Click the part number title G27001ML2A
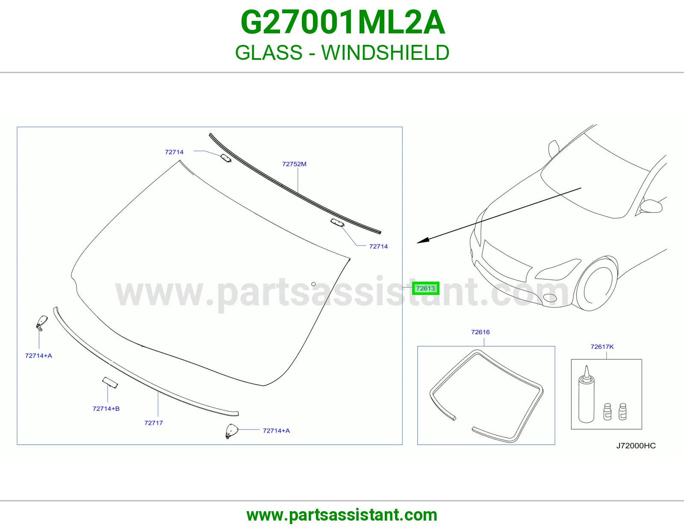pos(342,22)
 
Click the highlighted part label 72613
pos(425,288)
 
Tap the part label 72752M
pos(294,164)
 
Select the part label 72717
pos(153,423)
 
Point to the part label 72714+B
pos(106,409)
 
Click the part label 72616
pos(481,332)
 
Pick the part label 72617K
pos(602,347)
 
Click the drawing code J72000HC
pos(636,446)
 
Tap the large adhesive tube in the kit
pos(586,395)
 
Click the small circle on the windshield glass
pos(313,284)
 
